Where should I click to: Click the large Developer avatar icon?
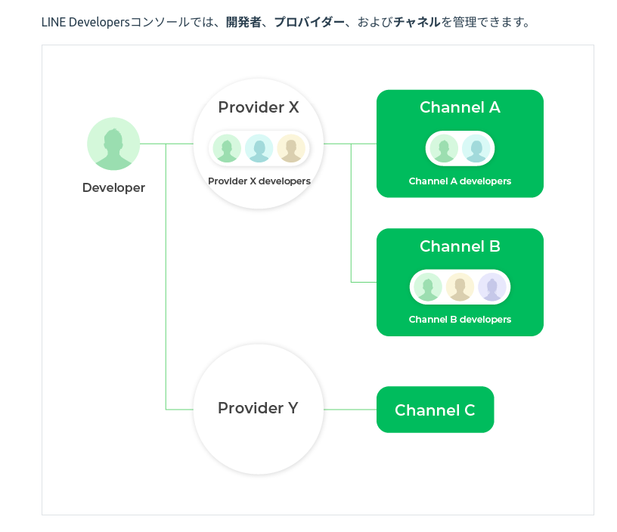click(113, 144)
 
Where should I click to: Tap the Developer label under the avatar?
click(113, 187)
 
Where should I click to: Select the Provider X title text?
click(259, 107)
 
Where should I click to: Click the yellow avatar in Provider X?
click(291, 148)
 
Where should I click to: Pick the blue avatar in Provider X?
click(259, 148)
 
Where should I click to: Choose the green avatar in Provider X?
click(227, 148)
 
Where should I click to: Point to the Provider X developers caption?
click(259, 181)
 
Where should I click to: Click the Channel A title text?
click(460, 107)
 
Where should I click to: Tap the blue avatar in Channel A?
click(476, 148)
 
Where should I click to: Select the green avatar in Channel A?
click(444, 148)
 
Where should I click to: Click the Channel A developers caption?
click(460, 181)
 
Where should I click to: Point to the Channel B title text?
click(460, 246)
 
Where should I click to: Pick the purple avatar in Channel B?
click(492, 287)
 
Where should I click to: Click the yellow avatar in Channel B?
click(460, 287)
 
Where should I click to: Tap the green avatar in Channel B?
click(428, 287)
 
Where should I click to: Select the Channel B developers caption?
click(460, 320)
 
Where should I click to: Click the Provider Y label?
click(258, 408)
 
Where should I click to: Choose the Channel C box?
click(436, 410)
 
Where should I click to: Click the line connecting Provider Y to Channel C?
click(350, 410)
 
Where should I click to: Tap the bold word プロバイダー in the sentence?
click(309, 22)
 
